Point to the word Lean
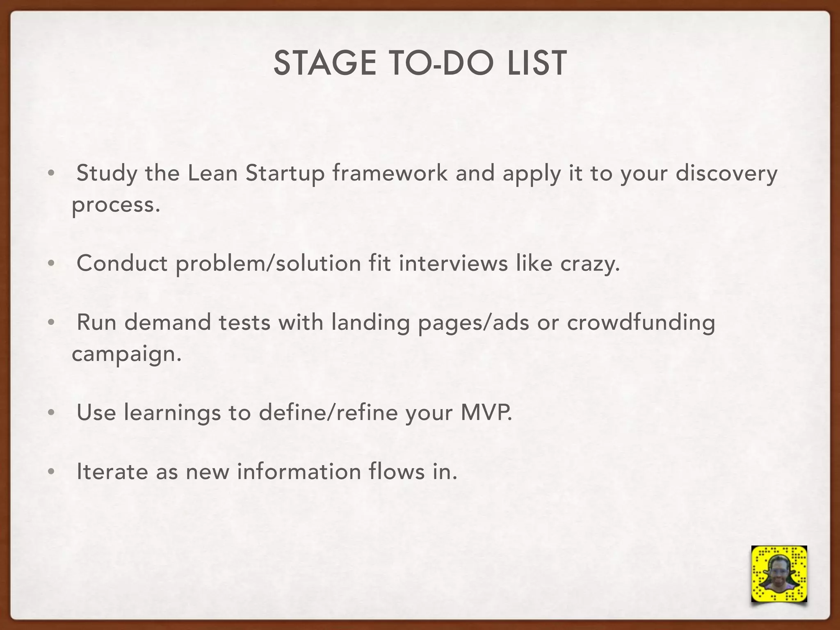[x=212, y=173]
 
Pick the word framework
[x=390, y=173]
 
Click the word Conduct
[x=122, y=263]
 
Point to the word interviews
[x=453, y=263]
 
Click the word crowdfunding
[x=641, y=323]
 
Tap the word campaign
[x=126, y=354]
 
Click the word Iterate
[x=112, y=472]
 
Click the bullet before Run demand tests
[x=50, y=323]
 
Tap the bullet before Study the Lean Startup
[x=50, y=173]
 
